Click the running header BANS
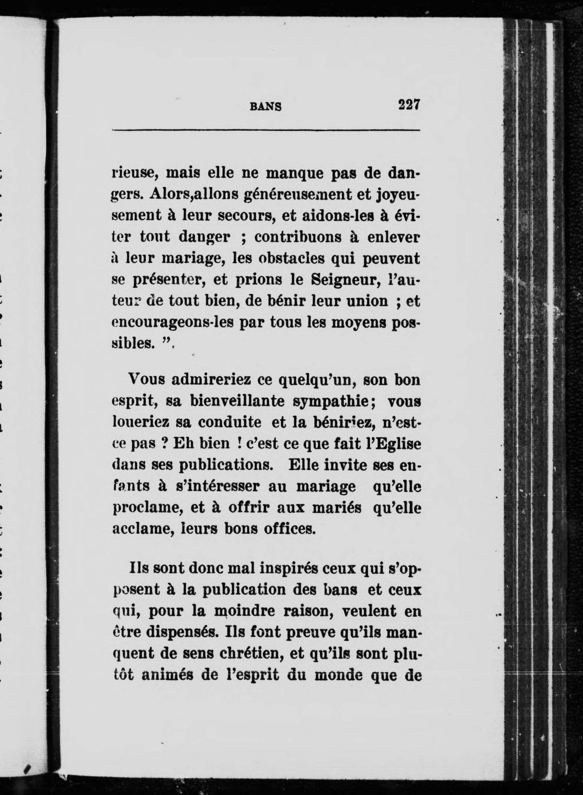pyautogui.click(x=266, y=107)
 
